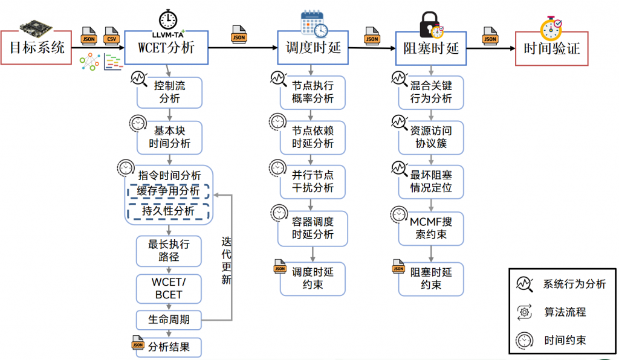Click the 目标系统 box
point(37,48)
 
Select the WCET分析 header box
point(166,48)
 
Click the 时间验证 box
point(551,48)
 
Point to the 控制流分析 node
point(169,92)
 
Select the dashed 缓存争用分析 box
point(168,191)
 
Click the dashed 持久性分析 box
point(168,211)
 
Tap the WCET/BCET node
point(169,289)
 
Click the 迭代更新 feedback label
point(226,260)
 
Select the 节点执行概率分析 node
point(313,92)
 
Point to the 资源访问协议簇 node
point(431,138)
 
